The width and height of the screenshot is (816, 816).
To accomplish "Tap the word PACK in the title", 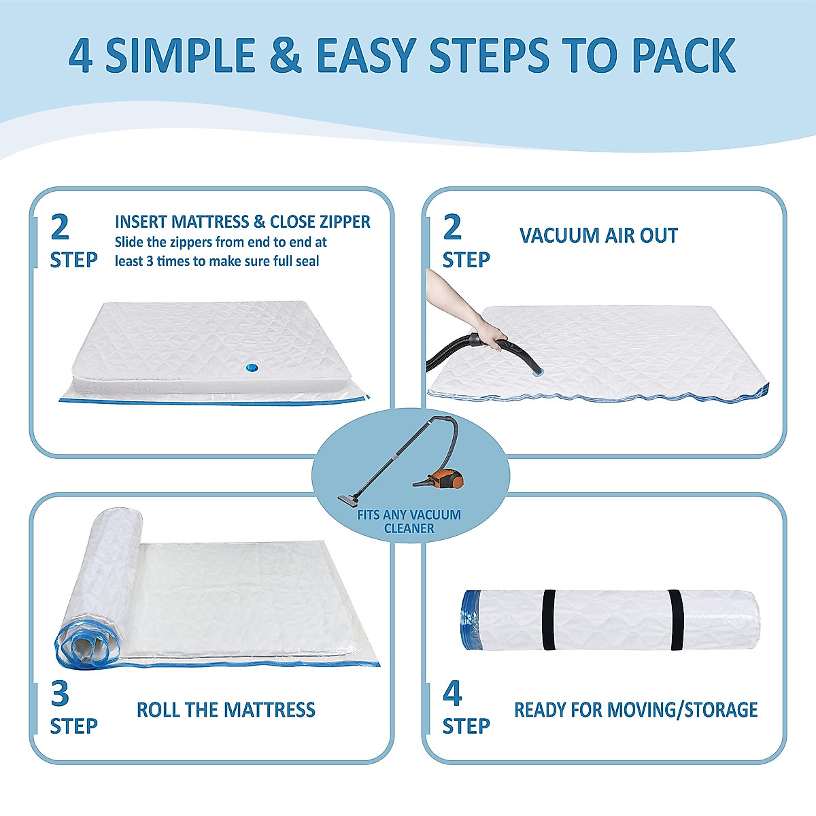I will point(683,56).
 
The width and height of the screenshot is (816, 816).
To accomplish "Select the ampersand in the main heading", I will point(286,56).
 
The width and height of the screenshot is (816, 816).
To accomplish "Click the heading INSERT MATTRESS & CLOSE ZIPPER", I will point(243,222).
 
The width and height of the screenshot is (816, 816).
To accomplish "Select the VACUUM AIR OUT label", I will point(598,236).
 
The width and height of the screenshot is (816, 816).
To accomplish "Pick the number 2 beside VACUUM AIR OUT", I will point(452,227).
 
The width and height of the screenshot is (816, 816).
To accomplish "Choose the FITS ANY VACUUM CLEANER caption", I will point(409,522).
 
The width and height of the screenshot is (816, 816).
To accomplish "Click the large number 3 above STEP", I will point(60,694).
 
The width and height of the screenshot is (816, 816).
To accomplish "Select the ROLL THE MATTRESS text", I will point(226,710).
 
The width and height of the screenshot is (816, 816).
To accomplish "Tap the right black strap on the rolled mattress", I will point(675,619).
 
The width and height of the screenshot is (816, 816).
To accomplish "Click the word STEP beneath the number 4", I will point(466,726).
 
